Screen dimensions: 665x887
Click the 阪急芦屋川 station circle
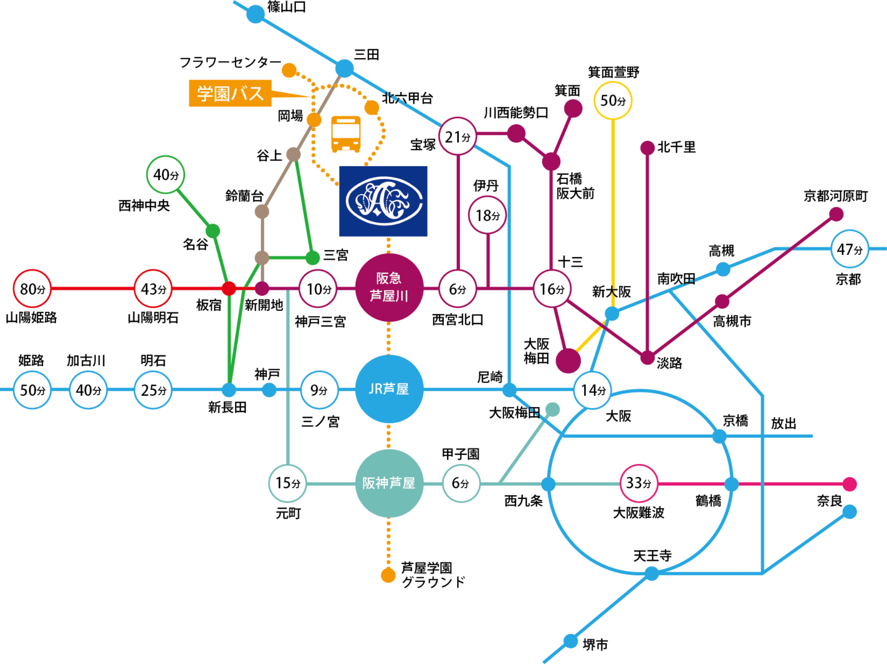pyautogui.click(x=389, y=287)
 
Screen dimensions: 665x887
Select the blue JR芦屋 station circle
pyautogui.click(x=389, y=389)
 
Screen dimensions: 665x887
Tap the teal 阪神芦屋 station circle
pyautogui.click(x=389, y=483)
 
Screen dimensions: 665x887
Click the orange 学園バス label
pyautogui.click(x=230, y=94)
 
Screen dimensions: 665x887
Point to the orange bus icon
pyautogui.click(x=346, y=134)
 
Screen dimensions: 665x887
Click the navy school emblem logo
pyautogui.click(x=383, y=201)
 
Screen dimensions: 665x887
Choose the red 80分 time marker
pyautogui.click(x=32, y=289)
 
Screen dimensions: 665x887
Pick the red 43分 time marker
pyautogui.click(x=153, y=289)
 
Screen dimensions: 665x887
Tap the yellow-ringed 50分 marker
pyautogui.click(x=613, y=101)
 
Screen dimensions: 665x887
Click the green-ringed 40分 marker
pyautogui.click(x=165, y=175)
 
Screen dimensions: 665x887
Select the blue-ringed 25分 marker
pyautogui.click(x=153, y=390)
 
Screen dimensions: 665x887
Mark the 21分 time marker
pyautogui.click(x=458, y=137)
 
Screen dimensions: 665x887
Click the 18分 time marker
pyautogui.click(x=487, y=215)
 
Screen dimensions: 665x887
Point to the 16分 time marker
pyautogui.click(x=552, y=289)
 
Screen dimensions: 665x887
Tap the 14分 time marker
pyautogui.click(x=593, y=390)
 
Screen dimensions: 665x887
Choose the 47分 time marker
pyautogui.click(x=849, y=249)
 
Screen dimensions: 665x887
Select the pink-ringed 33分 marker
pyautogui.click(x=638, y=483)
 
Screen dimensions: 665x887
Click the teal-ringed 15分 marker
pyautogui.click(x=287, y=483)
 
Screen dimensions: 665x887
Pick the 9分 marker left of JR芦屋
pyautogui.click(x=319, y=390)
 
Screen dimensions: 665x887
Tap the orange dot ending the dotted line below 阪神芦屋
pyautogui.click(x=388, y=575)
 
